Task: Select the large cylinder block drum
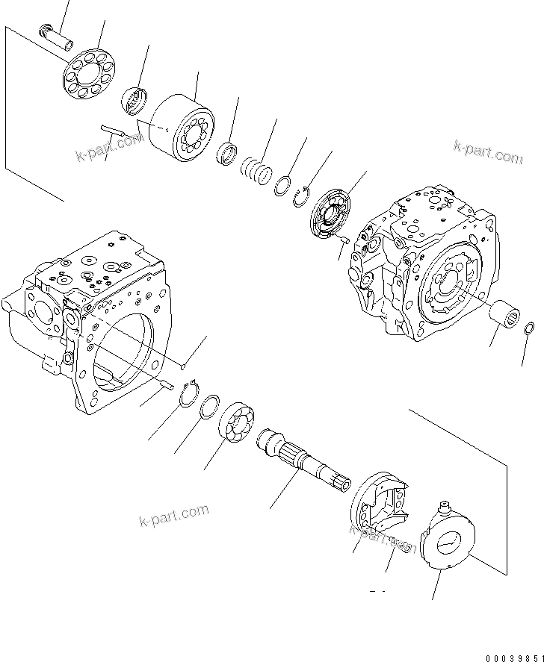point(182,131)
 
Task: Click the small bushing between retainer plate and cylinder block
point(136,99)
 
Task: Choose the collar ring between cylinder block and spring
point(227,154)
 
